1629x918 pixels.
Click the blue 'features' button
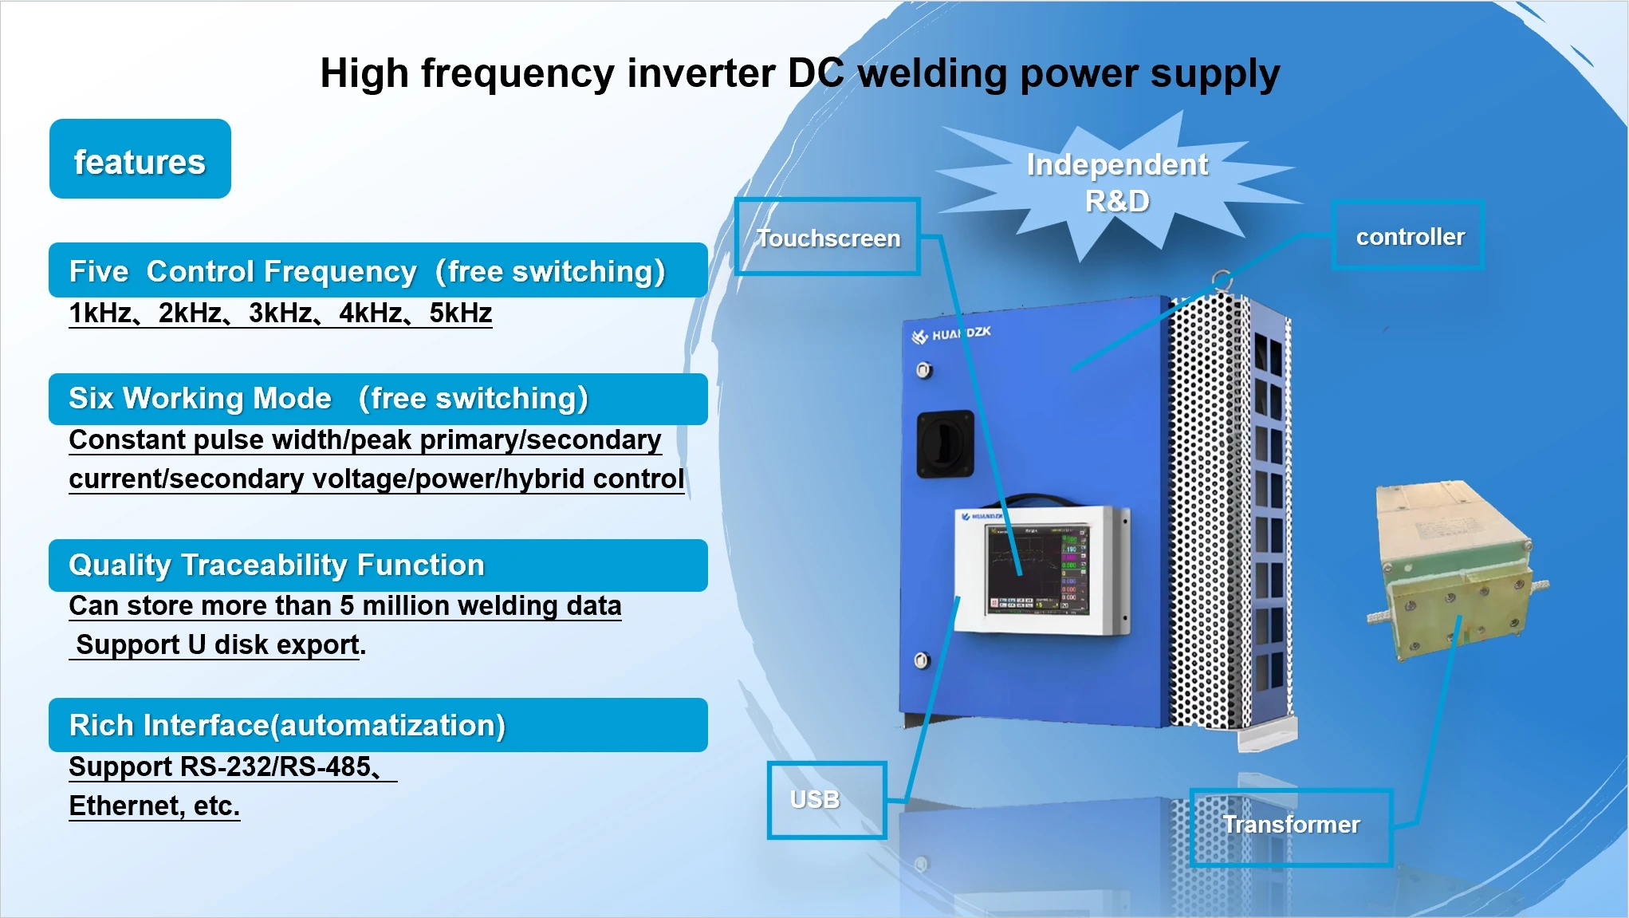[140, 160]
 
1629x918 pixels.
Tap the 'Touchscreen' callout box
[828, 237]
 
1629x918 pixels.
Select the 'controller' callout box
[1409, 236]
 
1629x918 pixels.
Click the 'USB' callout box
[826, 800]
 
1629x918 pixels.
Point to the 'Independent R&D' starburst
[1116, 183]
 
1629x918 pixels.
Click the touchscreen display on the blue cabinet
[1037, 569]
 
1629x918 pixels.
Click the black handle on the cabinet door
[945, 443]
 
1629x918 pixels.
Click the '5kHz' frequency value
[460, 313]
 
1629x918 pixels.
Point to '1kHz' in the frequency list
[100, 313]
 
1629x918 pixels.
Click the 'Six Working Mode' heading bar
[377, 399]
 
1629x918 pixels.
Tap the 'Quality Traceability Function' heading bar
[377, 565]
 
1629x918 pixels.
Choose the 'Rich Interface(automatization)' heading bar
[377, 725]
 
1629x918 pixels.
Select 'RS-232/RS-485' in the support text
[276, 766]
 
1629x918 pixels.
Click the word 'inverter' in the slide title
[701, 73]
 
